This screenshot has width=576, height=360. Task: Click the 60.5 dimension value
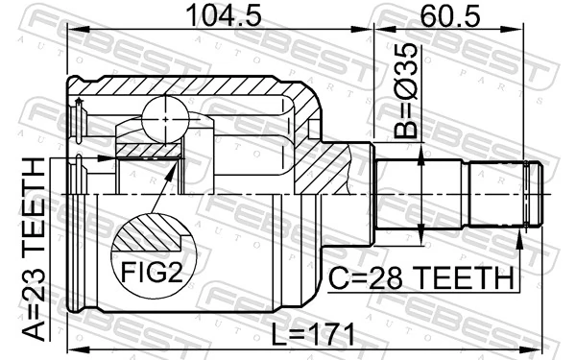449,17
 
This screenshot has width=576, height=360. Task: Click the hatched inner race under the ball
149,149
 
